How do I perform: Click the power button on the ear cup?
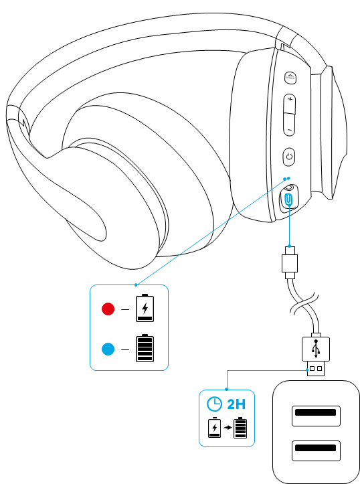click(289, 157)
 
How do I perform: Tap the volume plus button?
click(290, 103)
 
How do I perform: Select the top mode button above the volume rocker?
click(290, 77)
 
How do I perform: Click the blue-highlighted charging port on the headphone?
click(288, 199)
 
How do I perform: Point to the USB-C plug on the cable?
click(290, 262)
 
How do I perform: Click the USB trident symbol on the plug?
click(316, 349)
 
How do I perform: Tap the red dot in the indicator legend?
click(108, 309)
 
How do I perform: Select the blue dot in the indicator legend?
click(108, 349)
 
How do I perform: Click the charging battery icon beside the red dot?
click(145, 308)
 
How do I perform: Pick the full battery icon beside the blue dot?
click(145, 348)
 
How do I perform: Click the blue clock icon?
click(214, 404)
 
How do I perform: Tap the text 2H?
click(236, 404)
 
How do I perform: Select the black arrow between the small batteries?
click(228, 428)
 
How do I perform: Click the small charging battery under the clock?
click(215, 427)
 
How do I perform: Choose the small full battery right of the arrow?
click(240, 427)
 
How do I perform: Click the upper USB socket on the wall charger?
click(316, 416)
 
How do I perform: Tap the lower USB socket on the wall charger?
click(316, 451)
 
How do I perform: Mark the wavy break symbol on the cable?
click(304, 304)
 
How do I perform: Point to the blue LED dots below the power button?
click(286, 179)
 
